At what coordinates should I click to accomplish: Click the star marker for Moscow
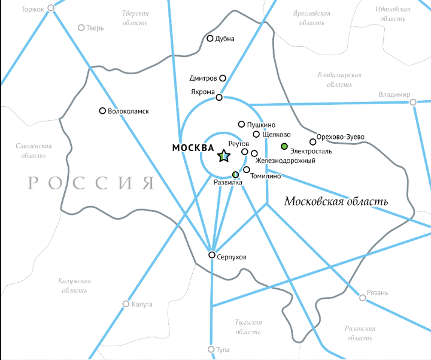click(223, 156)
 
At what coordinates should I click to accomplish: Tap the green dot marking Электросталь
click(285, 147)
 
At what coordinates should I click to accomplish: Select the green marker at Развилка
click(235, 174)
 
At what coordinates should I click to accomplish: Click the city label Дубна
click(225, 39)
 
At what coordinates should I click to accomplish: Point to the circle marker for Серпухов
click(211, 255)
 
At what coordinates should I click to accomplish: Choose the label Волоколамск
click(128, 111)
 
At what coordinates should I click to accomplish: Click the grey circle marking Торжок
click(51, 8)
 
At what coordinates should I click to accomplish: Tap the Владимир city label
click(394, 95)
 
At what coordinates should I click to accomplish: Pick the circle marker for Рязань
click(363, 297)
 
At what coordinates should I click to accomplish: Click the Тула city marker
click(211, 349)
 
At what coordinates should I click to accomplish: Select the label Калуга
click(142, 304)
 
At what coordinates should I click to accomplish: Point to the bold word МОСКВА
click(192, 147)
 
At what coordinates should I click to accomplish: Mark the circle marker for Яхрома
click(219, 97)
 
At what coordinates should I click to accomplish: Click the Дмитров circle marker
click(223, 78)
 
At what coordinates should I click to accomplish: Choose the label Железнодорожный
click(285, 161)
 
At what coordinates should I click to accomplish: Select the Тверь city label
click(95, 28)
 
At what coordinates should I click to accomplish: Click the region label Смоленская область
click(34, 150)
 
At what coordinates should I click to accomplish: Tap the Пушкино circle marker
click(242, 125)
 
